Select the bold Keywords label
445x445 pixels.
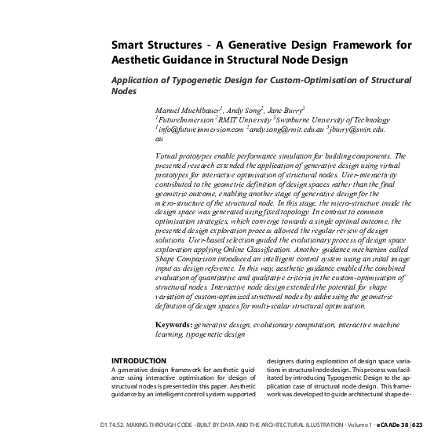pyautogui.click(x=173, y=323)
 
